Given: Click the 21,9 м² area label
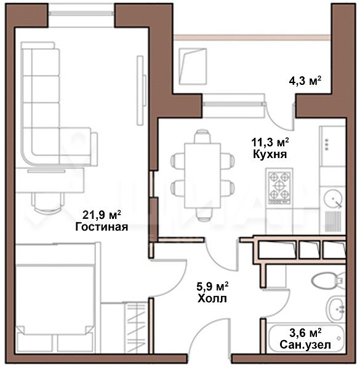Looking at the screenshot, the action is (x=102, y=215).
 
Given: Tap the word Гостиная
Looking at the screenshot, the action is (x=102, y=227).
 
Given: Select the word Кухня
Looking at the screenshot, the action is (x=270, y=154).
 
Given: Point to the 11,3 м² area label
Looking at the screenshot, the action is (x=270, y=142).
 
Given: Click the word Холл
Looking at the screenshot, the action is (x=212, y=299).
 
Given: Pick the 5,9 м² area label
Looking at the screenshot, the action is (x=212, y=287).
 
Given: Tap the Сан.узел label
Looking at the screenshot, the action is (x=305, y=345).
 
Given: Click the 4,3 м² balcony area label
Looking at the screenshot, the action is (x=305, y=81).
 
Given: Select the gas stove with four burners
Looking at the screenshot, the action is (x=279, y=186).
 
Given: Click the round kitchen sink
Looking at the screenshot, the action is (x=333, y=199).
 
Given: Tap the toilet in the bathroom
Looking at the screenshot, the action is (x=329, y=280).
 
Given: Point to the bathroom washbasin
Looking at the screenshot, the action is (x=336, y=309).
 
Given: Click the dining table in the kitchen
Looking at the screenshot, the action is (x=202, y=175).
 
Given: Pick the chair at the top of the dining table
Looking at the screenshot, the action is (x=202, y=137).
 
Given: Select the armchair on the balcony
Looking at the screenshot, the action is (x=193, y=66).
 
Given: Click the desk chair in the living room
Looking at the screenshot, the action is (x=48, y=203).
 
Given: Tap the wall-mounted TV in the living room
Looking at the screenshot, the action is (x=141, y=90).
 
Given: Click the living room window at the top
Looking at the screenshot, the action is (x=81, y=13).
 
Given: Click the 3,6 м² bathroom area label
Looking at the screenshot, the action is (x=305, y=333).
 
